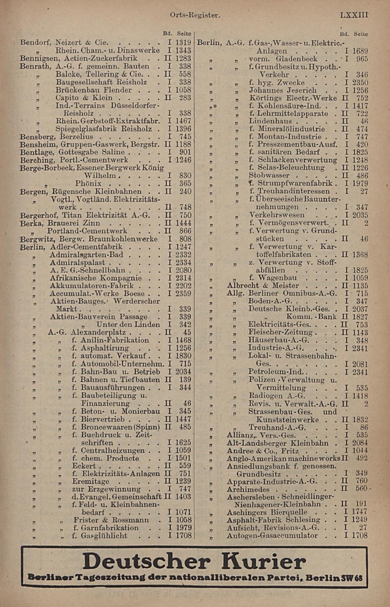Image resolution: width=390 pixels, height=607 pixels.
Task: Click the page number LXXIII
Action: coord(354,15)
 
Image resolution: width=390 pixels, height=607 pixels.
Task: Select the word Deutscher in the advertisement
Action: coord(146,562)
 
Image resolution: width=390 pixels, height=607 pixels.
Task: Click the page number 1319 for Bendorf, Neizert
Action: coord(183,43)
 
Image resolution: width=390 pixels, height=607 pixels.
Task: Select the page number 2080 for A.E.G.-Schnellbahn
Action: coord(183,270)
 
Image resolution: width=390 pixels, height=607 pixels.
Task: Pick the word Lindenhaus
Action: coord(270,121)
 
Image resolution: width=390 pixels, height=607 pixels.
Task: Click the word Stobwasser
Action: coord(269,176)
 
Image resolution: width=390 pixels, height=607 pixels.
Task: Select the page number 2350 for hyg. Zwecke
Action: coord(360,83)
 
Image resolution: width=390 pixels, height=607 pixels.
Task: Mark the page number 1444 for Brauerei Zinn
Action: coord(183,223)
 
